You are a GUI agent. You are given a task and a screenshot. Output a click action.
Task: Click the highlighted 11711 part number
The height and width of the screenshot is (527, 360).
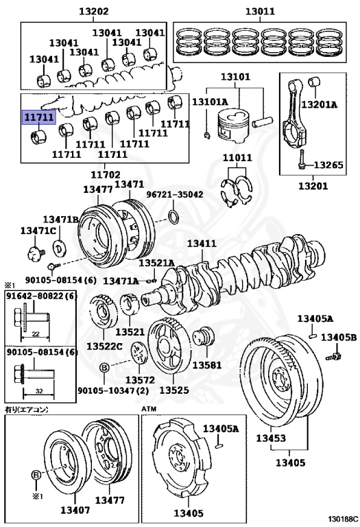38,117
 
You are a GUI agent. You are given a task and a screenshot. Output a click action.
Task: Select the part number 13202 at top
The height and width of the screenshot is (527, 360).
94,12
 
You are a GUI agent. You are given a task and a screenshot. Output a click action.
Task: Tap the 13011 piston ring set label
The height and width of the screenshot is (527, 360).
260,12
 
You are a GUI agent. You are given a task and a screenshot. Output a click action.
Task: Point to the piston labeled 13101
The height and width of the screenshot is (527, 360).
232,126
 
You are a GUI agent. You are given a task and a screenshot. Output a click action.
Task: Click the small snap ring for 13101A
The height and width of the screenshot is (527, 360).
207,135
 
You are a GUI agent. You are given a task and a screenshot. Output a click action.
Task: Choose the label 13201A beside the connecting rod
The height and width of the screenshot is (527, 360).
319,104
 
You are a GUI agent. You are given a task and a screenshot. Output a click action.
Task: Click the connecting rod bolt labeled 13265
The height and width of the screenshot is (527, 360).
302,160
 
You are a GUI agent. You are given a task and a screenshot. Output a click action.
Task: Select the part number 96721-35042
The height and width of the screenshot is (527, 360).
175,195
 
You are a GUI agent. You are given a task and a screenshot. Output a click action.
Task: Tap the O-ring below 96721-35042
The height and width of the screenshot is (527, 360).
173,217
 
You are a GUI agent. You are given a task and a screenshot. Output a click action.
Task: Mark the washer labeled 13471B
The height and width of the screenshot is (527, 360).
60,248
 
